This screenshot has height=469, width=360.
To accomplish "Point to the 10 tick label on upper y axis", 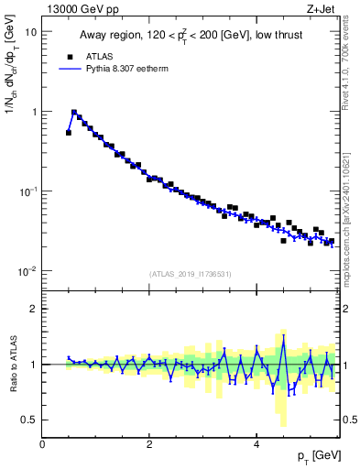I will coord(30,31).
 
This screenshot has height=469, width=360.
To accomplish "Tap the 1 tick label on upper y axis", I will coord(34,112).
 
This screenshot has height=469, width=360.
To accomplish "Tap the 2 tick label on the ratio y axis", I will coord(34,309).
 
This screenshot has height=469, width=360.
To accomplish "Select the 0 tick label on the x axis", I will coord(43,443).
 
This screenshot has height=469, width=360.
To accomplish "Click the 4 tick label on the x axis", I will coord(256,443).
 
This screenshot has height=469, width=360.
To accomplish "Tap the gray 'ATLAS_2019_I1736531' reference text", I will coord(191,274).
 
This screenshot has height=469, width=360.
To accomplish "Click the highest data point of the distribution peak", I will coord(74,113).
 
